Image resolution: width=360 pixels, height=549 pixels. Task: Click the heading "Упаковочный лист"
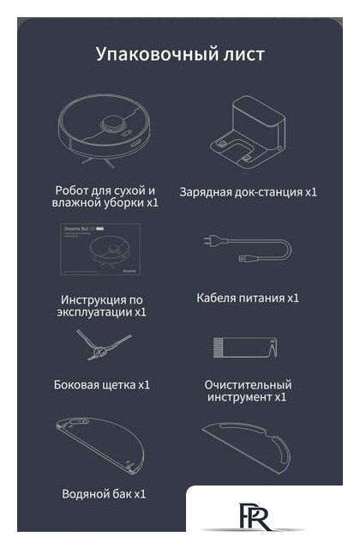click(180, 54)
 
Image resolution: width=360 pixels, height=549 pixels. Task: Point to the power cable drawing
click(248, 250)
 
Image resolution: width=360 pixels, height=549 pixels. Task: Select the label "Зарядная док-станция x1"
click(249, 192)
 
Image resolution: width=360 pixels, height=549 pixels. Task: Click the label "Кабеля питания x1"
click(248, 298)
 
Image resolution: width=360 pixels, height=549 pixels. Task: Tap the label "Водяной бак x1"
click(104, 493)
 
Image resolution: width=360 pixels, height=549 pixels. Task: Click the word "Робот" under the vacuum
click(73, 189)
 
